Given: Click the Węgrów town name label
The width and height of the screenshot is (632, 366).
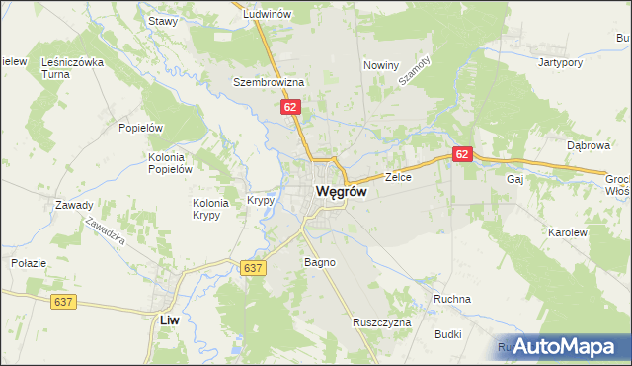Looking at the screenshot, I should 341,192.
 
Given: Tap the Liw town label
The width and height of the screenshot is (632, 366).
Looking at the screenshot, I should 169,320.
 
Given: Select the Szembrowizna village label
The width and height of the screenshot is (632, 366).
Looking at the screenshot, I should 268,82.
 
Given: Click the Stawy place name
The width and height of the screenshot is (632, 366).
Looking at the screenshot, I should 161,20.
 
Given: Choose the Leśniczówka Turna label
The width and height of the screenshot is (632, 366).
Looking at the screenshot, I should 72,67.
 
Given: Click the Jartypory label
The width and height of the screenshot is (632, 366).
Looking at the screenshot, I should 557,62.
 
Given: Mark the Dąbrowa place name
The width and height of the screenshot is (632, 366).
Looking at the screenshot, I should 590,144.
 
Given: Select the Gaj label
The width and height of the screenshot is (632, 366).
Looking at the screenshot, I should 513,179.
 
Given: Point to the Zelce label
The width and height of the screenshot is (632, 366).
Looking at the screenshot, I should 398,177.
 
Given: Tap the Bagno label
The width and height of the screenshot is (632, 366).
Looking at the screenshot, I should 320,262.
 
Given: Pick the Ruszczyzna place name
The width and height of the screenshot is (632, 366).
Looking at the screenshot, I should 381,322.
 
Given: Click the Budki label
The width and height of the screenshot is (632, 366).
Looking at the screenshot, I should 446,334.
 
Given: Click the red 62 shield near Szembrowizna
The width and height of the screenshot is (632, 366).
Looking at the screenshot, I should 289,106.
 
